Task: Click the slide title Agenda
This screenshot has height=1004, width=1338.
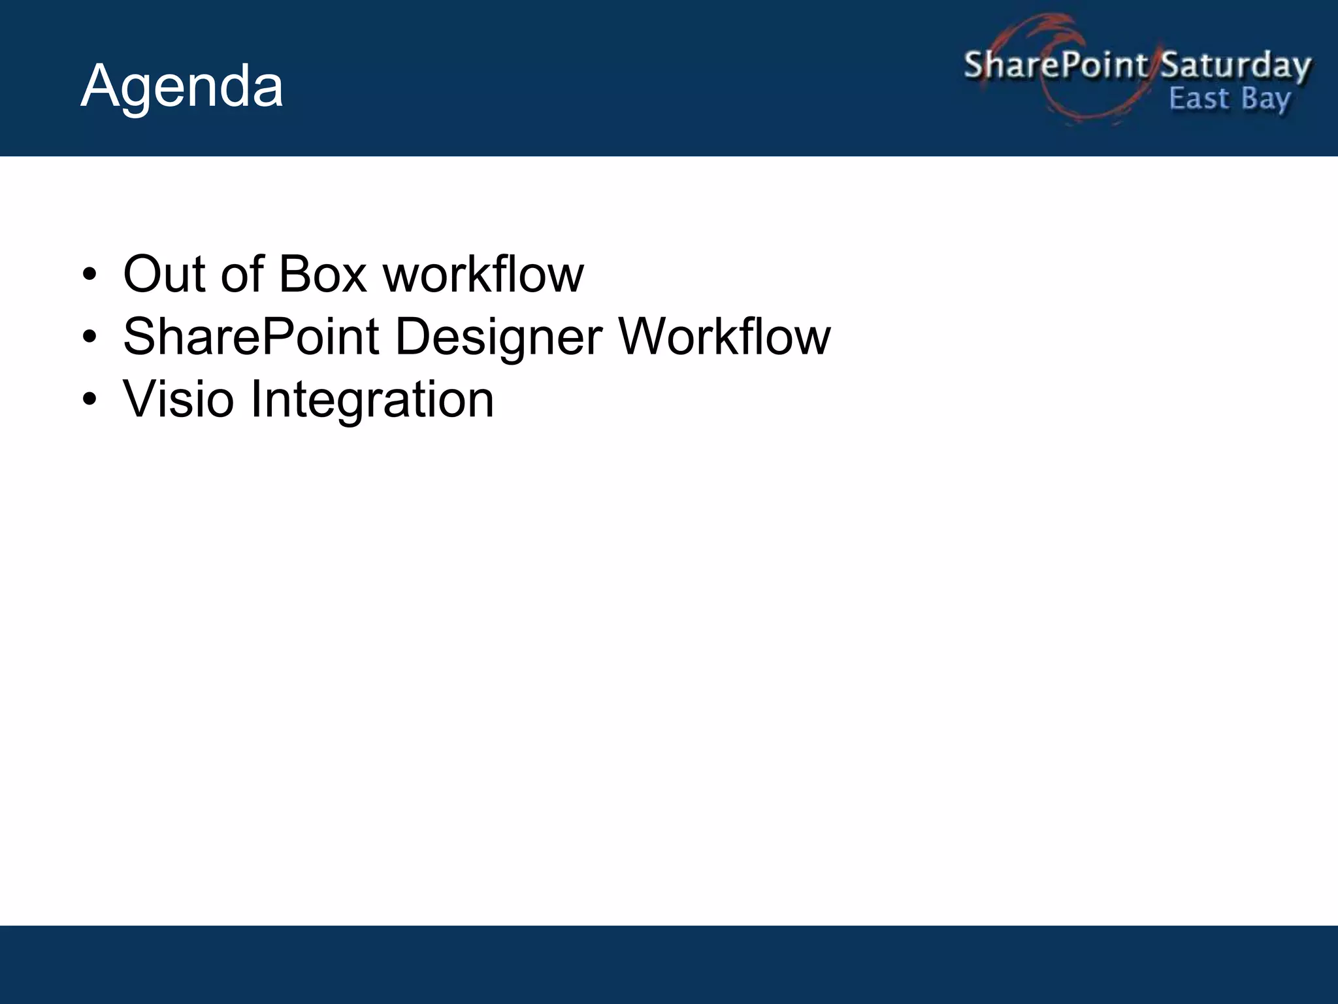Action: click(x=182, y=87)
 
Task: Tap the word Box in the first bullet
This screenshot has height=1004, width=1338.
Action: click(x=323, y=274)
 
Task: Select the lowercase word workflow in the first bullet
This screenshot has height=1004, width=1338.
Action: click(x=483, y=274)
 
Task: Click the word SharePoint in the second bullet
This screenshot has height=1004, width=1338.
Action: click(x=252, y=337)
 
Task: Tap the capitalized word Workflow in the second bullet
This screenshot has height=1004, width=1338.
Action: click(x=725, y=337)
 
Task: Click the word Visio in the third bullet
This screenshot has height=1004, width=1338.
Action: click(x=178, y=399)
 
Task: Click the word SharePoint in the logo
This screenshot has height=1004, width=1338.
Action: click(x=1055, y=65)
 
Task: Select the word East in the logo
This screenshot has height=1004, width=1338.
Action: click(x=1199, y=99)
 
